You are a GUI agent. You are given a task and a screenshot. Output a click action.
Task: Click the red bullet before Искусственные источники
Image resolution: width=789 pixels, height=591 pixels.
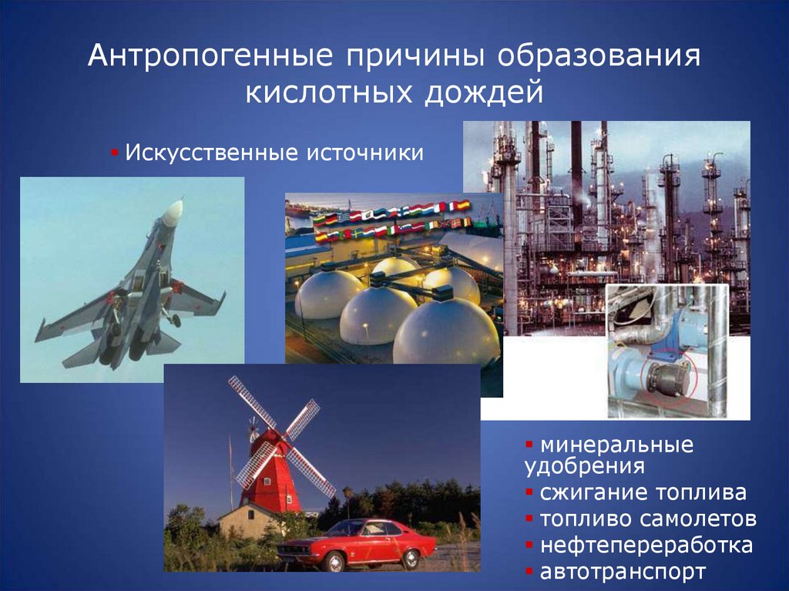(x=113, y=152)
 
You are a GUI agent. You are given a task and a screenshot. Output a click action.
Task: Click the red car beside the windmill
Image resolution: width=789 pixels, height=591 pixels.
(x=358, y=542)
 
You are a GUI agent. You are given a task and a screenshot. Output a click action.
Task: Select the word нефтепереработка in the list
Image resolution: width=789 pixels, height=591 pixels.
(x=646, y=546)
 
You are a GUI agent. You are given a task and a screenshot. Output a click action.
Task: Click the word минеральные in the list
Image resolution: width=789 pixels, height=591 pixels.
(x=616, y=445)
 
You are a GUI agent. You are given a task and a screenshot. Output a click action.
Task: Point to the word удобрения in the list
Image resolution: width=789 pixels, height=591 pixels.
(x=584, y=466)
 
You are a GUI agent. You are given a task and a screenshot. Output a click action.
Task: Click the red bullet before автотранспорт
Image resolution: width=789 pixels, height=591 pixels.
(x=529, y=572)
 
